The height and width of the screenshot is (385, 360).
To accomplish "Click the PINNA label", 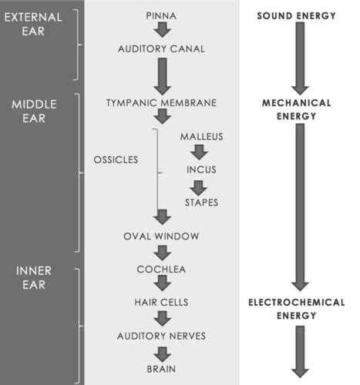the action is tap(161, 16).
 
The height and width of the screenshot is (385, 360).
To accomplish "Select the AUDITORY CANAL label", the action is tap(161, 49).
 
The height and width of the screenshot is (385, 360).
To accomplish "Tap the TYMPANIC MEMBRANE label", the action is tap(161, 103).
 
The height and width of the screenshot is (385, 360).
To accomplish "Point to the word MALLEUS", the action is tap(201, 136).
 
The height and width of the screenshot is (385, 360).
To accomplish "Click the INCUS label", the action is tap(201, 169).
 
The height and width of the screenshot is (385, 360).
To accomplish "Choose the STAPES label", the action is tap(201, 203).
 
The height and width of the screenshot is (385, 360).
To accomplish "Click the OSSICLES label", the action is tap(116, 160).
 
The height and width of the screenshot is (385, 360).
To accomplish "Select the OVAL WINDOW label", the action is tap(161, 236).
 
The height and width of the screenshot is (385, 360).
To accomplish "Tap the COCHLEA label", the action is tap(161, 269).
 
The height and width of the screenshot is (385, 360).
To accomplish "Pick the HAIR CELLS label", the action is tap(161, 303).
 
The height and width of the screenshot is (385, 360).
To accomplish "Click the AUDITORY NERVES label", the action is tap(161, 336).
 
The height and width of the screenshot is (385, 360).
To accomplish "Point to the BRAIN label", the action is tap(161, 369).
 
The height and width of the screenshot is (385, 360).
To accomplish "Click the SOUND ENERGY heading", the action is tap(296, 16).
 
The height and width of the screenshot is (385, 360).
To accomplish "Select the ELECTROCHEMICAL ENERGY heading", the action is tap(296, 309).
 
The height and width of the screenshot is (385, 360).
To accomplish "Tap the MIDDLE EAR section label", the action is tap(34, 112).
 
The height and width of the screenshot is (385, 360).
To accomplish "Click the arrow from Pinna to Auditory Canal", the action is tap(163, 30).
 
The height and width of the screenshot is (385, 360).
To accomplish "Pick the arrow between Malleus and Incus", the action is tap(199, 152).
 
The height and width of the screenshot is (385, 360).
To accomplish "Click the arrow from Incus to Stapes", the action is tap(198, 188).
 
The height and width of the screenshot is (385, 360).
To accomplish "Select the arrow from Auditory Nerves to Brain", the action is tap(163, 354).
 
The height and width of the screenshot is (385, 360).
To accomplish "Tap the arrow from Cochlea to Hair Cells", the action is tap(163, 283).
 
